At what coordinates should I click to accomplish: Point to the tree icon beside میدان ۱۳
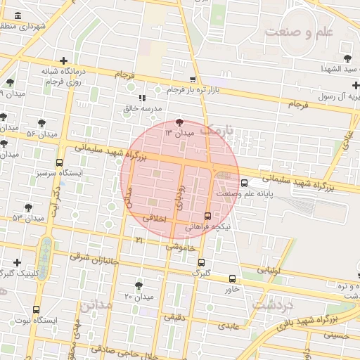[179, 122]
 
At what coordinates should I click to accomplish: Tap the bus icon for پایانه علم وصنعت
[244, 183]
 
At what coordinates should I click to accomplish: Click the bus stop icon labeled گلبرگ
[201, 262]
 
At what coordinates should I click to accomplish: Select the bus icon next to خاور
[233, 278]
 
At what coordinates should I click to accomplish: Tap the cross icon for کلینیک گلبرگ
[17, 262]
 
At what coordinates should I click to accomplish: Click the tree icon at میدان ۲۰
[139, 285]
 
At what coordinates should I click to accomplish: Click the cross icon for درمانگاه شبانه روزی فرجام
[64, 60]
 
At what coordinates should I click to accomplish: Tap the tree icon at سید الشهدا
[347, 57]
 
